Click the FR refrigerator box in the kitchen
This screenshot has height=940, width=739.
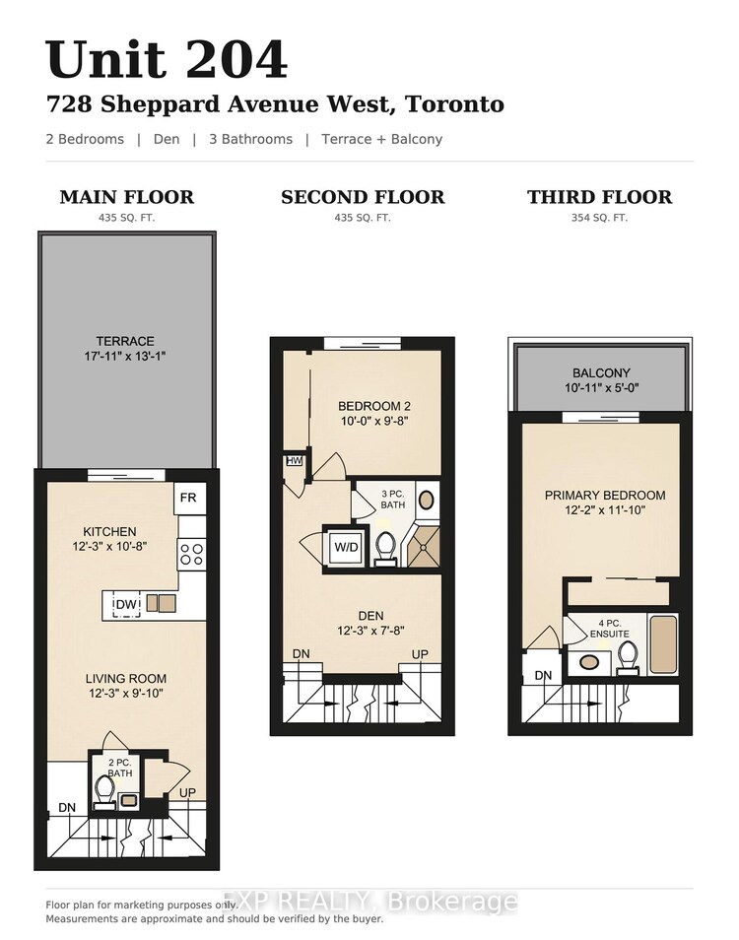pyautogui.click(x=189, y=499)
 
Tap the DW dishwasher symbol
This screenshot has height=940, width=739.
pyautogui.click(x=126, y=605)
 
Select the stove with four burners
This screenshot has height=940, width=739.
pyautogui.click(x=191, y=554)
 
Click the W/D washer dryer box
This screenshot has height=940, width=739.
pyautogui.click(x=346, y=547)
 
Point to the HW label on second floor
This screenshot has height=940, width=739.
pyautogui.click(x=295, y=461)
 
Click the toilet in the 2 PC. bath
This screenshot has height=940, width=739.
pyautogui.click(x=104, y=792)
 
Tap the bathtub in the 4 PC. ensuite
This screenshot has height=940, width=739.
pyautogui.click(x=663, y=643)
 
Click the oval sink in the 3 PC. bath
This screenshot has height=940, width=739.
pyautogui.click(x=426, y=500)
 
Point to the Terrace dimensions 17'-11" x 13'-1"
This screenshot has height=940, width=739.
pyautogui.click(x=125, y=356)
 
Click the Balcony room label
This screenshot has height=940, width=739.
pyautogui.click(x=601, y=372)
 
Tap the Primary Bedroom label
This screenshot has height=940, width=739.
pyautogui.click(x=605, y=496)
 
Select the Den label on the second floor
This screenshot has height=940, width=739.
pyautogui.click(x=370, y=616)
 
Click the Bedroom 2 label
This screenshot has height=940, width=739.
pyautogui.click(x=374, y=406)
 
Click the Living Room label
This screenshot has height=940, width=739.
pyautogui.click(x=126, y=679)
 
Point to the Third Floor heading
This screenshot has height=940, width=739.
pyautogui.click(x=599, y=197)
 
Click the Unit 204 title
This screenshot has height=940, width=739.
pyautogui.click(x=167, y=59)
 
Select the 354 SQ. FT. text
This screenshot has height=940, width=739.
pyautogui.click(x=599, y=218)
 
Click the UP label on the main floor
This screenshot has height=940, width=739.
pyautogui.click(x=187, y=792)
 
